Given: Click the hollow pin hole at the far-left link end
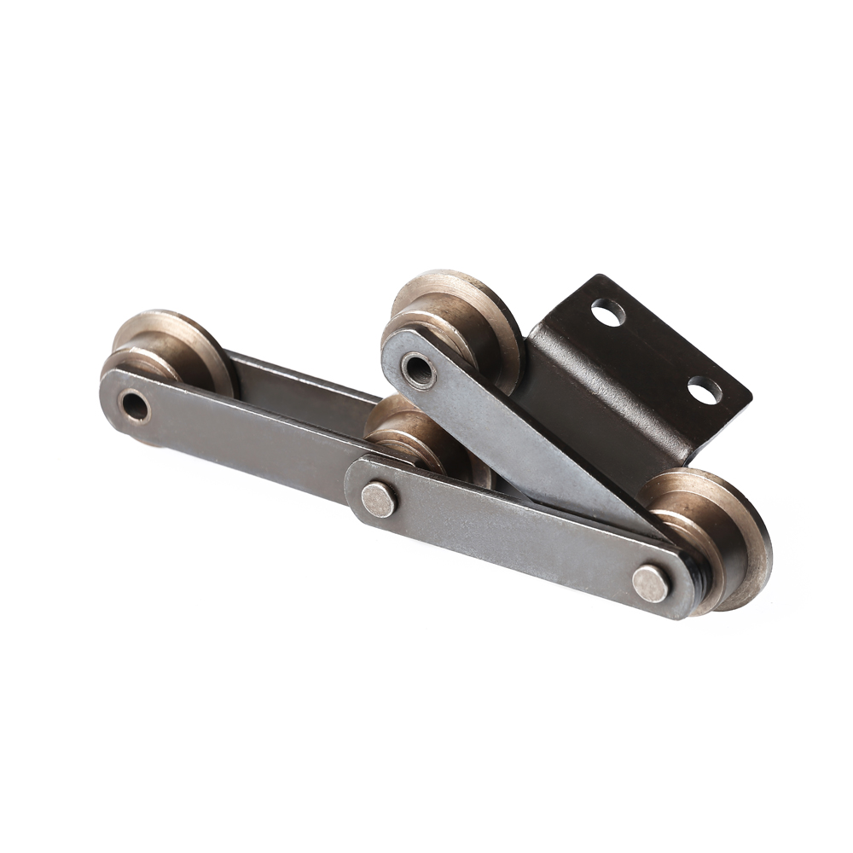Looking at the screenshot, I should (135, 406).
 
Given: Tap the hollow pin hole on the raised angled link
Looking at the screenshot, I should (418, 368).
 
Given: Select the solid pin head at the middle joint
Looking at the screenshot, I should (379, 499).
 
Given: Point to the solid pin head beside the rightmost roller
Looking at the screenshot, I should (651, 583).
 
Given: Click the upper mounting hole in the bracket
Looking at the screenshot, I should (608, 312).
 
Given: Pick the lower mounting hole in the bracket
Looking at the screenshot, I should (704, 390).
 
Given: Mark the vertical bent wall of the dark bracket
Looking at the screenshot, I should (580, 409).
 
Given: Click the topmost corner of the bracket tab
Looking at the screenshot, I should (602, 277).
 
